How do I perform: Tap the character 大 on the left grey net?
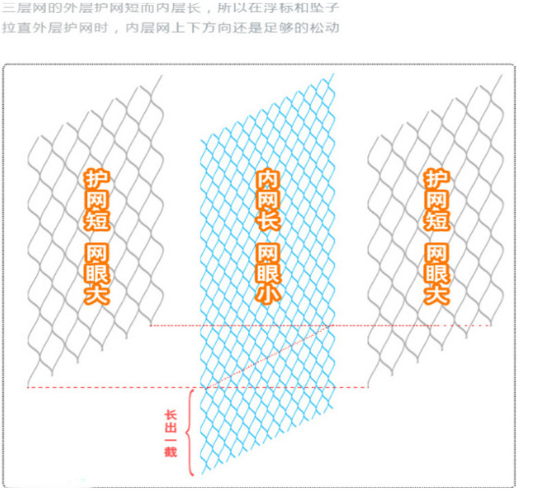pos(97,294)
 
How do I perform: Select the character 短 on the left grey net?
pos(97,220)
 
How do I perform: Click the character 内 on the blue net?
pos(268,181)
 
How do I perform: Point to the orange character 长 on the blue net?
pos(268,220)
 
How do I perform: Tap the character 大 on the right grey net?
pos(436,294)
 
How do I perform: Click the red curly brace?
pos(190,431)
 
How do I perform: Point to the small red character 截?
pos(170,452)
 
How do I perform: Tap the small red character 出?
pos(170,427)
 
